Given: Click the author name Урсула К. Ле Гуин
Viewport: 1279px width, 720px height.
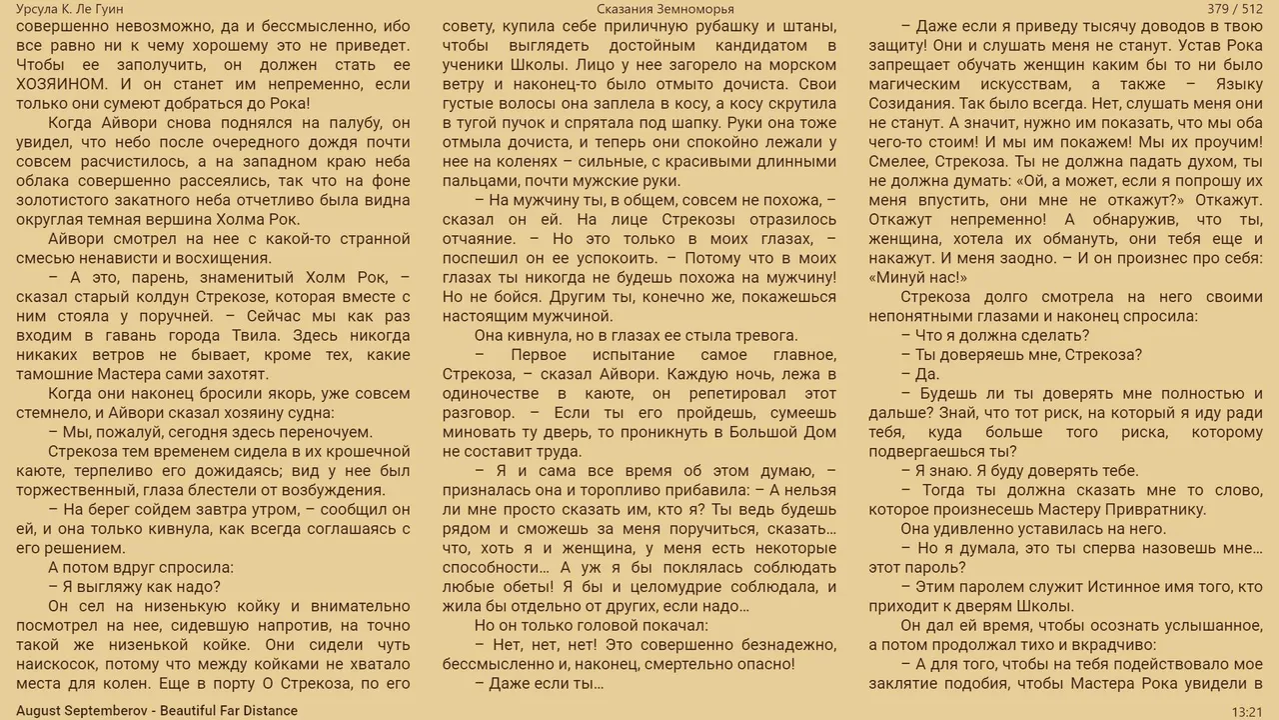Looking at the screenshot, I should pos(70,9).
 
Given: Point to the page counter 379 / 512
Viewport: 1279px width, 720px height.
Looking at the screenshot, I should pos(1234,9).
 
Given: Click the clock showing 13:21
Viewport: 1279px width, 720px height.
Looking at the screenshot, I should pos(1246,711).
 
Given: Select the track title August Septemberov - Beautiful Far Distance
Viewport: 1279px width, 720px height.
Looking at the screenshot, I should pos(157,711).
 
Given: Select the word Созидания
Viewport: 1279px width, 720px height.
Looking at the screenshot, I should pos(908,104).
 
